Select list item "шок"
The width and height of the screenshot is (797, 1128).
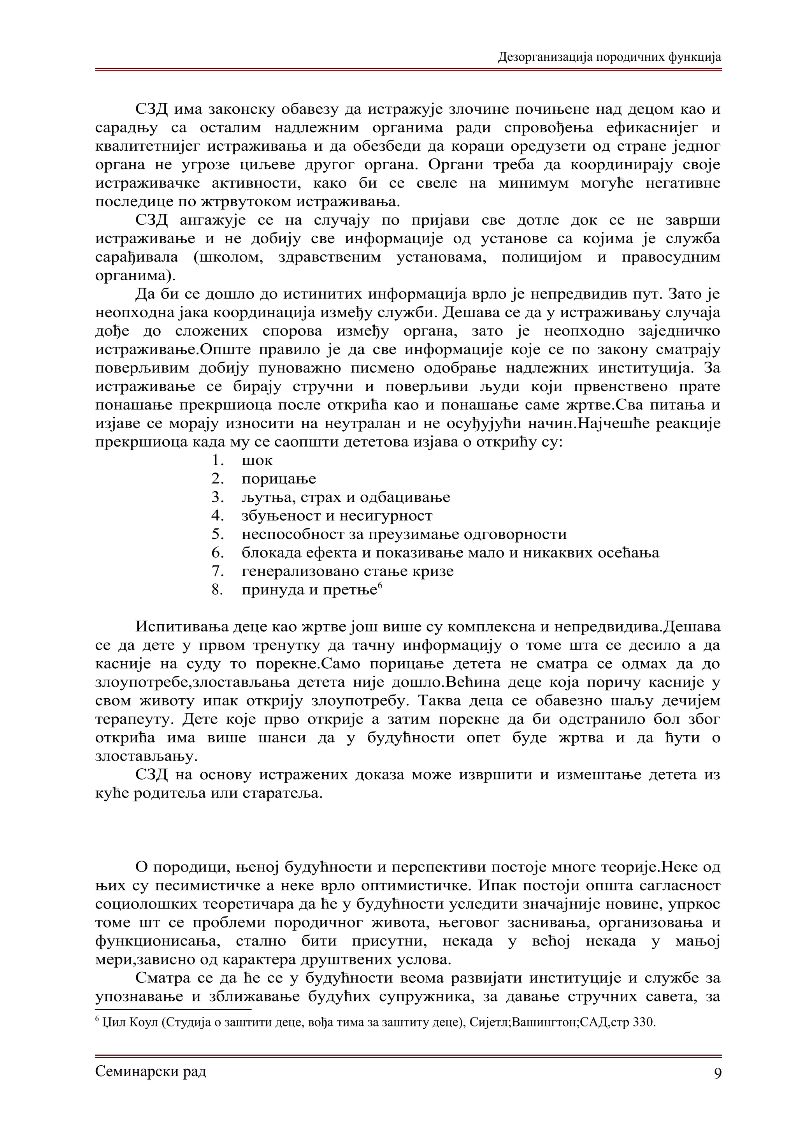(257, 461)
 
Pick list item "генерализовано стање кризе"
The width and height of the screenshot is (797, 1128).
(347, 571)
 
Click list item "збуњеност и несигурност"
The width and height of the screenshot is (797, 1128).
(337, 516)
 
